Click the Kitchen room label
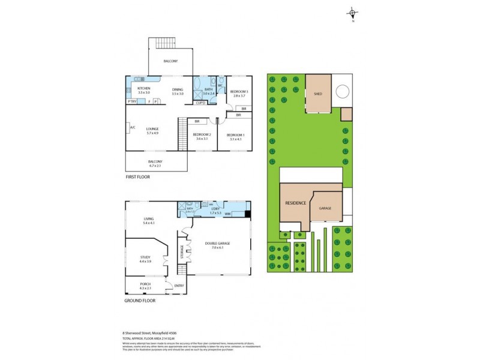143,89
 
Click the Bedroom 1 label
235,135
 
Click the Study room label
145,259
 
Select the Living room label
149,219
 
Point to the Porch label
145,284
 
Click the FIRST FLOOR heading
137,177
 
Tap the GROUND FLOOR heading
140,300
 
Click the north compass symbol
353,13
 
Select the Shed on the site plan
318,93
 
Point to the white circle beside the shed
342,92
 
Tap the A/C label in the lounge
131,127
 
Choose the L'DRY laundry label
216,210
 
